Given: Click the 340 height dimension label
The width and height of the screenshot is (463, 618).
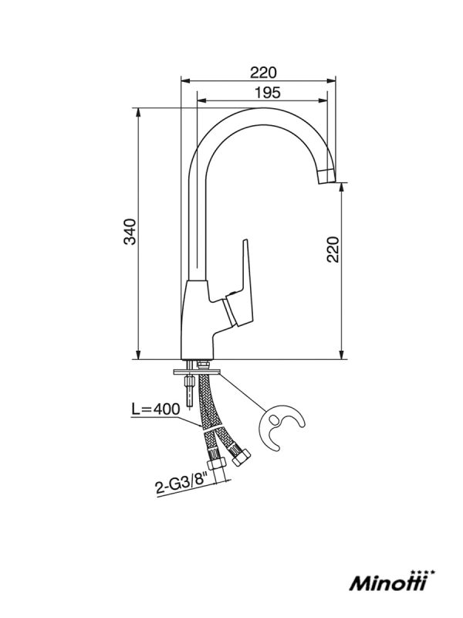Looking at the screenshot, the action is coord(130,232).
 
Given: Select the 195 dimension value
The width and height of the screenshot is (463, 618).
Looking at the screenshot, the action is coord(268,93).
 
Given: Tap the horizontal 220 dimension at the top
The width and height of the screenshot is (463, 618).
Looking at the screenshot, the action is coord(263,73).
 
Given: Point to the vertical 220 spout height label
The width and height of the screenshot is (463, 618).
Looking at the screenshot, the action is coord(333,249).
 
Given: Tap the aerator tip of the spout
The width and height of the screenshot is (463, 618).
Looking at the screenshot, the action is coord(326,176).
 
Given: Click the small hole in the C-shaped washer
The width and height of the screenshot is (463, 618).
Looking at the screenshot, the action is coord(275,420).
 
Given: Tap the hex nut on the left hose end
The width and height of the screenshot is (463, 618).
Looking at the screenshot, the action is coord(217,463).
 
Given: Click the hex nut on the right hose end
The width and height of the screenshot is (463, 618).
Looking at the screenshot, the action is coord(241,457).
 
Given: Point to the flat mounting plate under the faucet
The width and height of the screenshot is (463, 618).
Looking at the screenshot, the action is coord(197,372).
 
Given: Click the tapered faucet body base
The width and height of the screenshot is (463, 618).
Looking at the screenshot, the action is coord(196,320).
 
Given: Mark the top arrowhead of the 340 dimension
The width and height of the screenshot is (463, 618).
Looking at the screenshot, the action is coord(138,112).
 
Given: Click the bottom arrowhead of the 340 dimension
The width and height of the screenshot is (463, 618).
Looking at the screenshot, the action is coord(138,355).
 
